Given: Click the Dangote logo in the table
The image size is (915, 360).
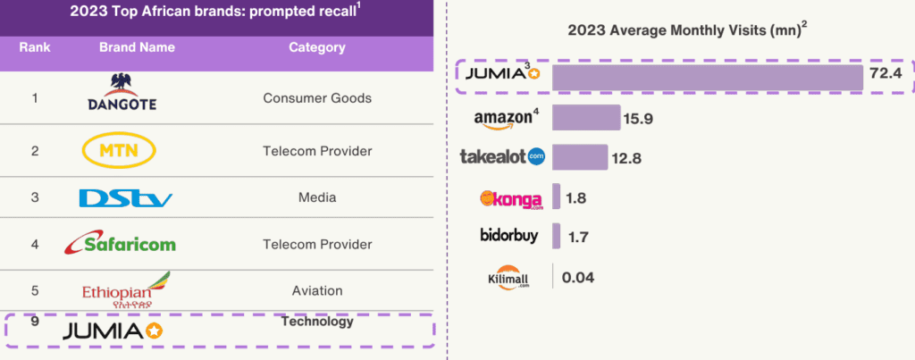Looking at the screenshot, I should coord(122,92).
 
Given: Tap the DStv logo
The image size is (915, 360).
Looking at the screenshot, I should coord(125,197).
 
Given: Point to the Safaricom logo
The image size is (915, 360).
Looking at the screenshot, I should coord(122,242).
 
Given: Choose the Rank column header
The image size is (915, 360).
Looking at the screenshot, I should coord(34,47).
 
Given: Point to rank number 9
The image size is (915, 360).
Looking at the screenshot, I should coord(34,322).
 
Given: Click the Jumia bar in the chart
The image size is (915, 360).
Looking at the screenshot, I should coord(707,78).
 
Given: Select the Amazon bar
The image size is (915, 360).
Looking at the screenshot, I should coord(586,118).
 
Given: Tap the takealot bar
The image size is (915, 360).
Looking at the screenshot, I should coord(580,157).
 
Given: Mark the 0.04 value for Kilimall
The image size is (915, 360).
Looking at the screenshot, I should coord(578,277).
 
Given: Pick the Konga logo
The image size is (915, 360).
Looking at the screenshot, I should coord(512,197).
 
